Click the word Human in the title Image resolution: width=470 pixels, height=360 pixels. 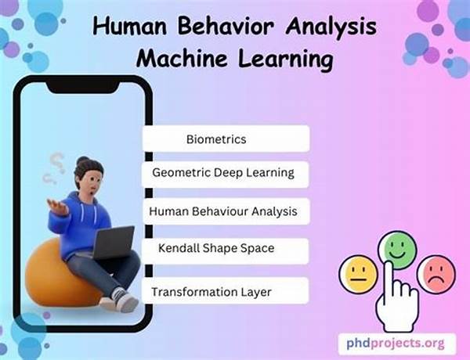129,26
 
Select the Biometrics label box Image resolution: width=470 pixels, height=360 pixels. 226,139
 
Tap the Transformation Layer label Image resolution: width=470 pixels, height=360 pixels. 225,290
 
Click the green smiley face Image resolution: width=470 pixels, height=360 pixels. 397,250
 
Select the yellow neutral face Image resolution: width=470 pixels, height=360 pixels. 359,274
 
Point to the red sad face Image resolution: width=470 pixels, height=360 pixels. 436,274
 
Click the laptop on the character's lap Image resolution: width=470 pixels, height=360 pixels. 114,243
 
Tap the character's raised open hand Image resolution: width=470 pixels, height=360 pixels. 58,207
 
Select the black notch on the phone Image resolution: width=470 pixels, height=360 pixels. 82,87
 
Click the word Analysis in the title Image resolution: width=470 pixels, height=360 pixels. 331,27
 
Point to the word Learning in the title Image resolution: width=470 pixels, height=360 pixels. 285,59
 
